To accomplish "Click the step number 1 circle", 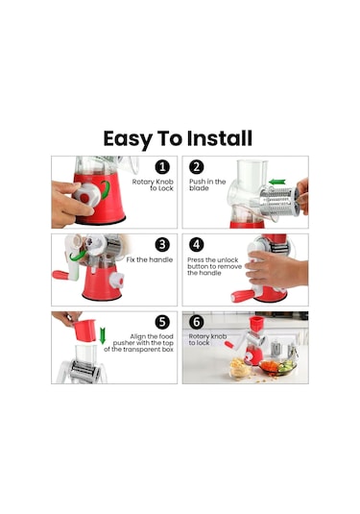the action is (162, 167).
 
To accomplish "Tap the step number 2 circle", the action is (197, 167).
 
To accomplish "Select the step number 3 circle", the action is (162, 245).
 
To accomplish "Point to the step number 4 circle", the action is (197, 245).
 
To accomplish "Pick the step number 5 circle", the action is (162, 322).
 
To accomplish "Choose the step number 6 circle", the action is (197, 322).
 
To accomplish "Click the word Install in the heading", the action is (220, 138).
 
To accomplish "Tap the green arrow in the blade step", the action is (276, 182).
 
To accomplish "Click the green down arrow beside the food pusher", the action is (103, 335).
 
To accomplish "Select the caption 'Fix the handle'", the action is (150, 260).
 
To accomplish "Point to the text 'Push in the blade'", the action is (207, 184).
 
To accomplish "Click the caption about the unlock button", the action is (214, 266).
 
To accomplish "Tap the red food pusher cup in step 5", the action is (84, 330).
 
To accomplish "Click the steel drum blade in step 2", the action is (279, 202).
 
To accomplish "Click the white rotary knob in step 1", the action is (86, 195).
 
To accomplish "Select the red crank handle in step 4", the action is (242, 296).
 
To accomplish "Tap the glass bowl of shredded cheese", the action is (240, 368).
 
